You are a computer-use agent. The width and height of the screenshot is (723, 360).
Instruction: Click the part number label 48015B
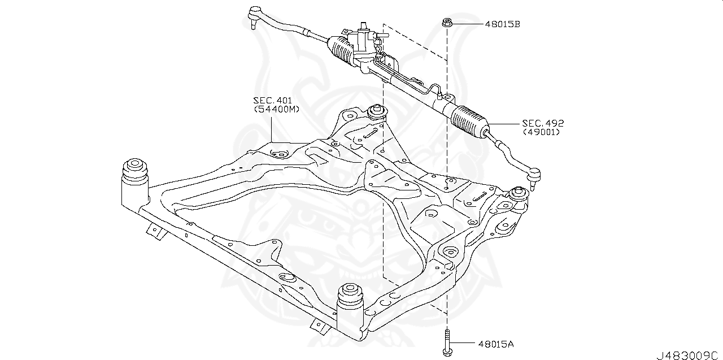[502, 24]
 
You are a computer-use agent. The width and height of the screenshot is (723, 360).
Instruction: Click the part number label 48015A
[496, 343]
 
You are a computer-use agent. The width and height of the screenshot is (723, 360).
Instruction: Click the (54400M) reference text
[276, 109]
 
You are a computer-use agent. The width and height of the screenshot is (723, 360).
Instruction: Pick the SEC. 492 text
[543, 123]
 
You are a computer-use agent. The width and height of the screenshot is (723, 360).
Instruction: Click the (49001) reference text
[541, 132]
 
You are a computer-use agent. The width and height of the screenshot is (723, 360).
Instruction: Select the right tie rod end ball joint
[534, 176]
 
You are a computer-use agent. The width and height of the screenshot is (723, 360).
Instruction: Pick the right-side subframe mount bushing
[518, 197]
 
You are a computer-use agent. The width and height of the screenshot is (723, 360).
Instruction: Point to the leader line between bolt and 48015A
[463, 343]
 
